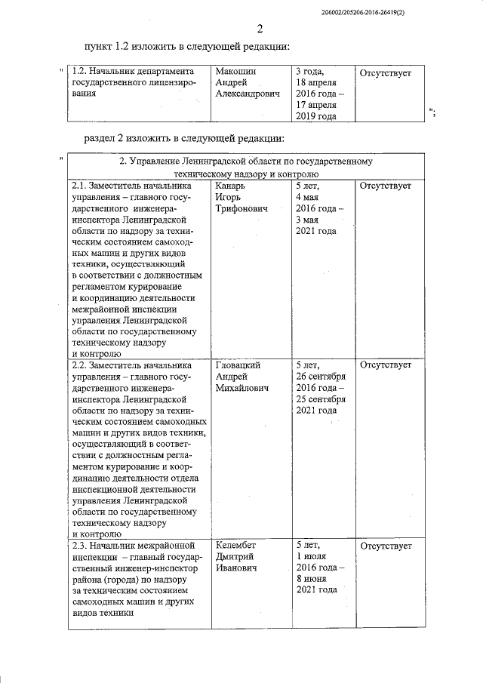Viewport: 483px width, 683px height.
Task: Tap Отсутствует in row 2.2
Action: coord(386,365)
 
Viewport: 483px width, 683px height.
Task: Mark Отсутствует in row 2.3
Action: coord(386,545)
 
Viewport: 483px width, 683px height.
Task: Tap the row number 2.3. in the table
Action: coord(78,545)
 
